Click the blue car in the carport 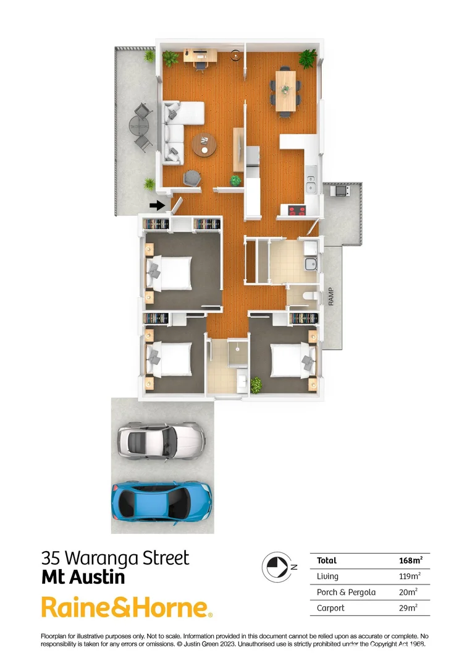162,501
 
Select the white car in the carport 161,439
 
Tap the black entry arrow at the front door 158,205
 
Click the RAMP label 332,295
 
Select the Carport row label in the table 331,608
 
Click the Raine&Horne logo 127,607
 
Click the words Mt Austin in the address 83,578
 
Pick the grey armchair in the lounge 193,178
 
